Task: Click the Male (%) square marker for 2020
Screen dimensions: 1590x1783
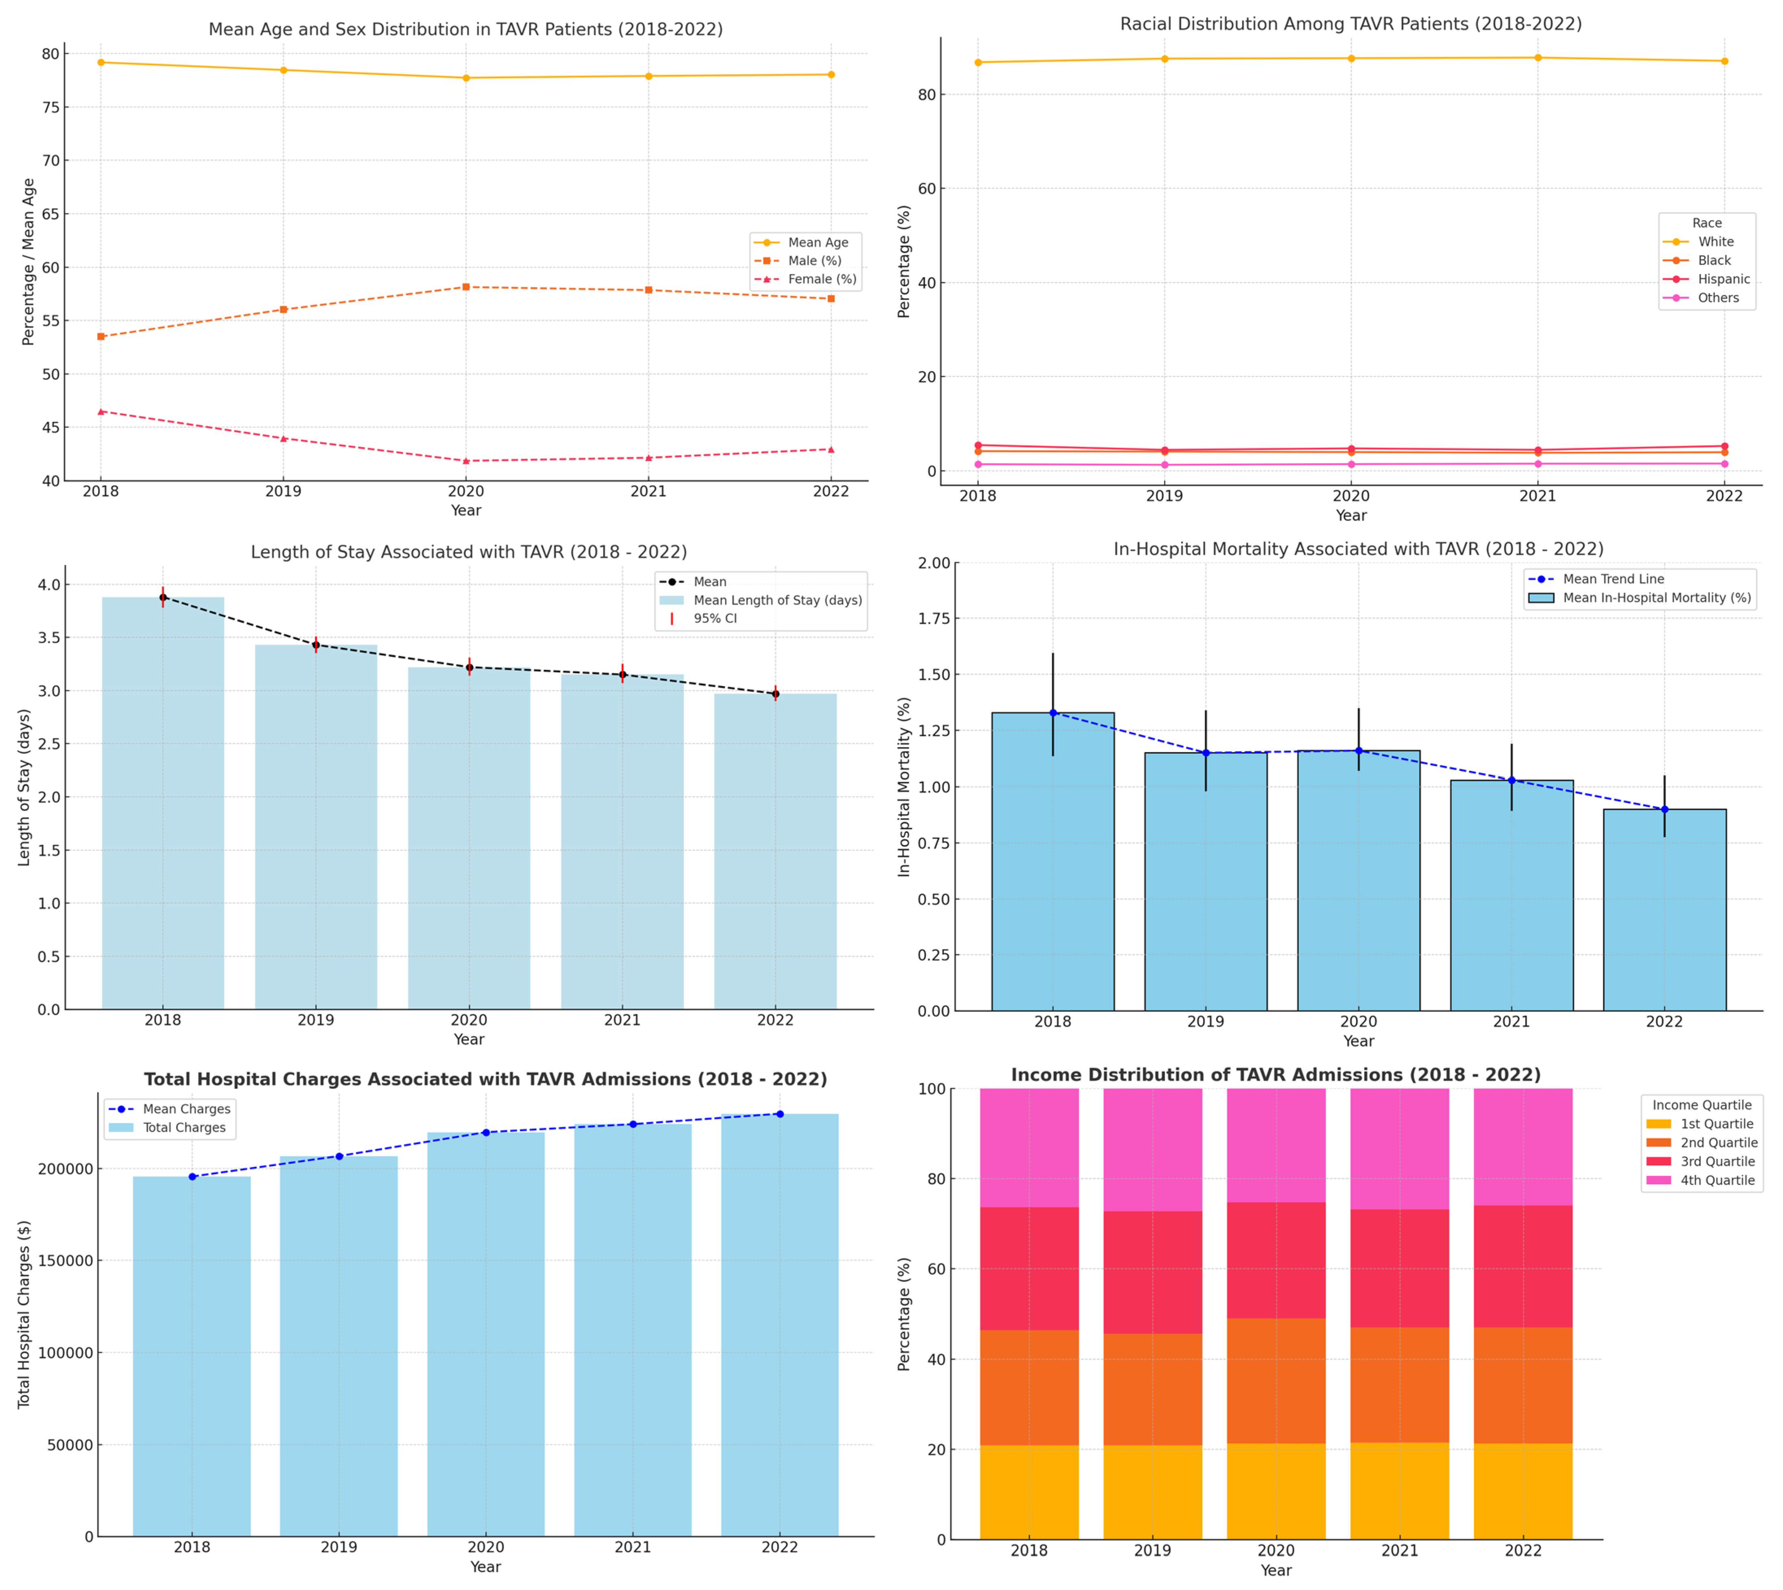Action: tap(466, 286)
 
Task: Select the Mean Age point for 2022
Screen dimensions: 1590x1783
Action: tap(830, 74)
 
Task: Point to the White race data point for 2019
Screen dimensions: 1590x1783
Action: tap(1164, 59)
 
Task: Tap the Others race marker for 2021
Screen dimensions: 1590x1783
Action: tap(1537, 464)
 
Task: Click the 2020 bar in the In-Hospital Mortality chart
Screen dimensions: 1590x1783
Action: tap(1358, 883)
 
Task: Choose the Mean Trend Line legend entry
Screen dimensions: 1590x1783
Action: tap(1613, 579)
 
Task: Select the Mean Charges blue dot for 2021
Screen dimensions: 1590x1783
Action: tap(633, 1124)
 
